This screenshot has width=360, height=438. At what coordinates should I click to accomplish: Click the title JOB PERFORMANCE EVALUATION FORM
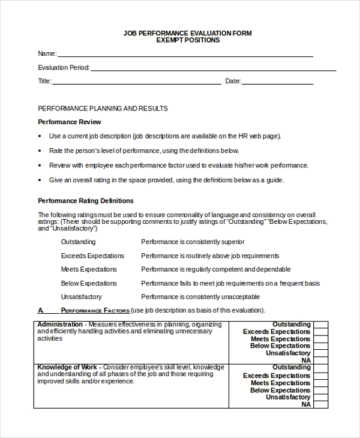click(x=187, y=33)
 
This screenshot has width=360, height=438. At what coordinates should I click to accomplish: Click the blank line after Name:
click(x=185, y=55)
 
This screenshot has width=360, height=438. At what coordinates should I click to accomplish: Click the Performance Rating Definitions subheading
click(x=85, y=201)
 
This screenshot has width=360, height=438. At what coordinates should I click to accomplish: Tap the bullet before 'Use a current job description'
click(x=41, y=136)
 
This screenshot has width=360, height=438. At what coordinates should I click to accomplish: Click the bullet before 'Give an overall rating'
click(x=41, y=180)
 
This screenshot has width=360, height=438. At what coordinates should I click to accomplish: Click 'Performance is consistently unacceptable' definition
click(x=200, y=297)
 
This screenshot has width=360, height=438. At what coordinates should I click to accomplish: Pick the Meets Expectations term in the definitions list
click(x=89, y=269)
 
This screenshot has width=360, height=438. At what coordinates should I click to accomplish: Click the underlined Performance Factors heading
click(x=95, y=311)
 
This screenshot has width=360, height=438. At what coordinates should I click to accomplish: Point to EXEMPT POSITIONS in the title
click(x=187, y=40)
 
